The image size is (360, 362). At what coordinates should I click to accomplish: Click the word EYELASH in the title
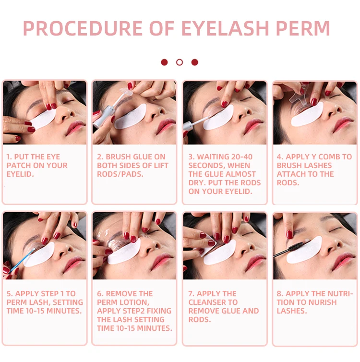[213, 28]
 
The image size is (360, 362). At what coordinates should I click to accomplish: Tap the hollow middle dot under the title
[180, 62]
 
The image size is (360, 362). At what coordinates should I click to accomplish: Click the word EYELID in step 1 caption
[19, 174]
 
